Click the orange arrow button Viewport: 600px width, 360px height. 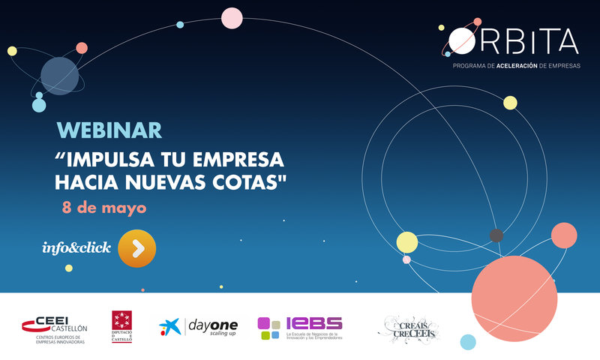pyautogui.click(x=137, y=248)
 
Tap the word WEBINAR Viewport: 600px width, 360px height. pyautogui.click(x=109, y=130)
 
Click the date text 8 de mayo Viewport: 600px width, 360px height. pyautogui.click(x=103, y=207)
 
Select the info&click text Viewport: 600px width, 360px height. pyautogui.click(x=77, y=247)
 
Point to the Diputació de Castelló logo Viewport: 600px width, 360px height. pyautogui.click(x=121, y=326)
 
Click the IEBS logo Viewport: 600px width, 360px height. pyautogui.click(x=300, y=327)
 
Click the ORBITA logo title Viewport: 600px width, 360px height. pyautogui.click(x=514, y=40)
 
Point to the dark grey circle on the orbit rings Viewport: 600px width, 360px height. pyautogui.click(x=496, y=235)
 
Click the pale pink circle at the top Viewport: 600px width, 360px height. pyautogui.click(x=232, y=18)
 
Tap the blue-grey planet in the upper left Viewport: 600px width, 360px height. pyautogui.click(x=60, y=76)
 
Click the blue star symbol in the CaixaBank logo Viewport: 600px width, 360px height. pyautogui.click(x=169, y=326)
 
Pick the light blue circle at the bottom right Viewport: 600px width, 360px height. pyautogui.click(x=468, y=342)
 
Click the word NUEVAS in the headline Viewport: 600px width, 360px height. pyautogui.click(x=169, y=182)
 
